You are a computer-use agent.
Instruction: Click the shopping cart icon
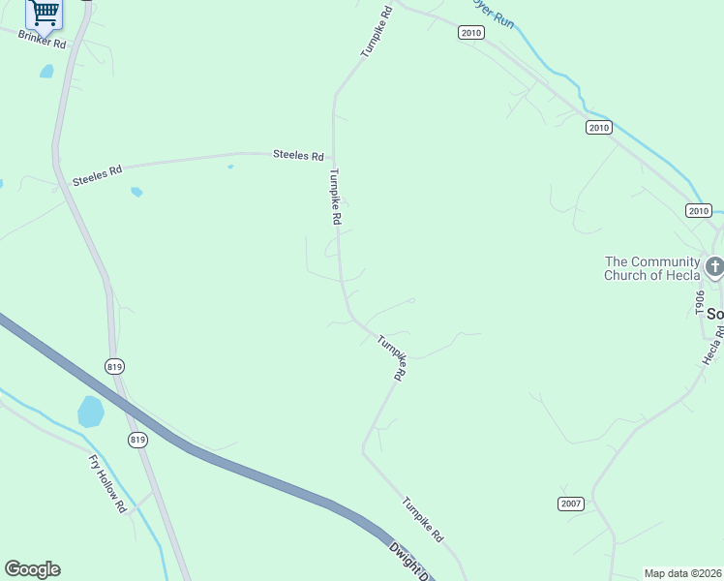tap(45, 13)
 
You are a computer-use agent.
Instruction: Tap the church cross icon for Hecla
tap(714, 266)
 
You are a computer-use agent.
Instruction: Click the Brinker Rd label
tap(41, 40)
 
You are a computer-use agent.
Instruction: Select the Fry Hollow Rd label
tap(107, 483)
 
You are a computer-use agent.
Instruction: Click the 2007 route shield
tap(571, 504)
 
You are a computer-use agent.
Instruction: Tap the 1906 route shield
tap(699, 303)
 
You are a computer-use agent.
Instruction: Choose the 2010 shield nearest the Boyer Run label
tap(470, 33)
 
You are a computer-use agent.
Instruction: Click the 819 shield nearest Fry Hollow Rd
tap(138, 440)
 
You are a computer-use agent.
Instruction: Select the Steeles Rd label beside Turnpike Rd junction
tap(297, 155)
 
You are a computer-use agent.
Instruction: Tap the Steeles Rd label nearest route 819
tap(97, 176)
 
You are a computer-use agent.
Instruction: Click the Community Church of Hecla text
tap(651, 268)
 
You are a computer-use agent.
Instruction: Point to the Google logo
tap(32, 569)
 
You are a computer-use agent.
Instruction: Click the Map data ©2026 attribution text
tap(683, 573)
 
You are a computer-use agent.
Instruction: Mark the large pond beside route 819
tap(90, 412)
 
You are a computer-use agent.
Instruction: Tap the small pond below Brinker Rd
tap(46, 71)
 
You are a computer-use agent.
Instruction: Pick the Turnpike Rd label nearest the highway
tap(423, 519)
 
